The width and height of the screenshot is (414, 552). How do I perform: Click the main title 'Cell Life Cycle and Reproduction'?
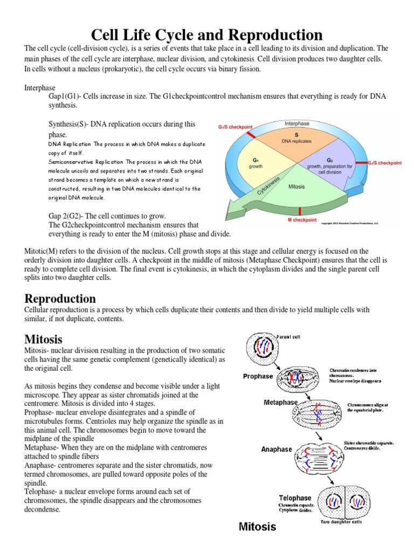point(207,35)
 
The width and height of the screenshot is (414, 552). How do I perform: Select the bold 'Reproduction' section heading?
point(60,298)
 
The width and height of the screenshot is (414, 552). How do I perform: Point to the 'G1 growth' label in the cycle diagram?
point(256,163)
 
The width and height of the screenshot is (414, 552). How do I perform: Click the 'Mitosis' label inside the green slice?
point(297,187)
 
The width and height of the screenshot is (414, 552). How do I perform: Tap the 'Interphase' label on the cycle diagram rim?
point(297,123)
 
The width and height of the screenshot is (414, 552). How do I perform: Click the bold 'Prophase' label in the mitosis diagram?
point(258,376)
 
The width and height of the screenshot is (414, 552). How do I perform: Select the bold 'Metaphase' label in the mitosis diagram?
point(281,402)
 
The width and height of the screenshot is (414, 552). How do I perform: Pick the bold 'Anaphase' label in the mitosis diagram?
point(277,448)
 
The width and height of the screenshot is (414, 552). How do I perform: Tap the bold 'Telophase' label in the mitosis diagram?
point(294,498)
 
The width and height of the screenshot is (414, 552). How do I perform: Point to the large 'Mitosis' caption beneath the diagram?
point(257,527)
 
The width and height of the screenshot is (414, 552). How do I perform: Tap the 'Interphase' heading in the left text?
point(40,87)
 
